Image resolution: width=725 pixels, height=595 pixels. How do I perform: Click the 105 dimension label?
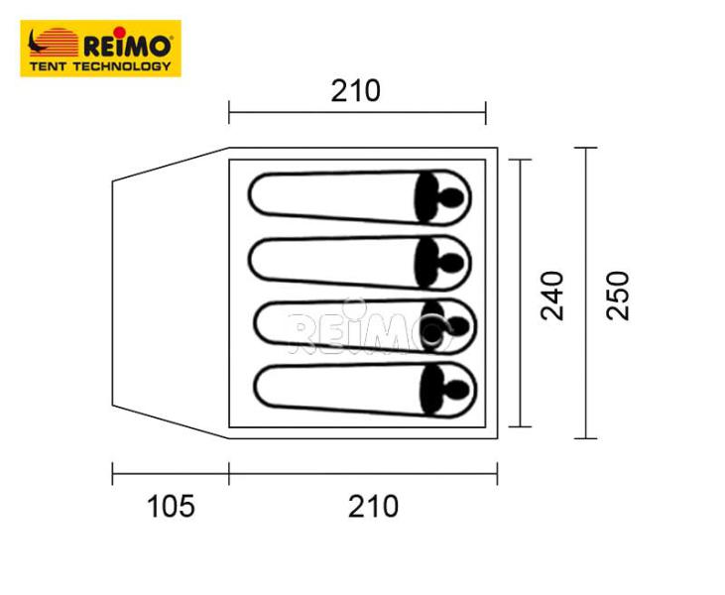pyautogui.click(x=171, y=507)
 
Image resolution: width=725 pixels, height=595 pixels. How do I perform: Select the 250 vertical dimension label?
pyautogui.click(x=617, y=295)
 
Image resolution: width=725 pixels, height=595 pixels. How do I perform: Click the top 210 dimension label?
pyautogui.click(x=355, y=91)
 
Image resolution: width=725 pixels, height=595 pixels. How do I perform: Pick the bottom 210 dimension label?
pyautogui.click(x=373, y=507)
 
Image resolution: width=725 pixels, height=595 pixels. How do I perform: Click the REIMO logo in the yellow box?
pyautogui.click(x=100, y=48)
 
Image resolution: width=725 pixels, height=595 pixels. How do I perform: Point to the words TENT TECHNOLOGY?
pyautogui.click(x=100, y=66)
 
